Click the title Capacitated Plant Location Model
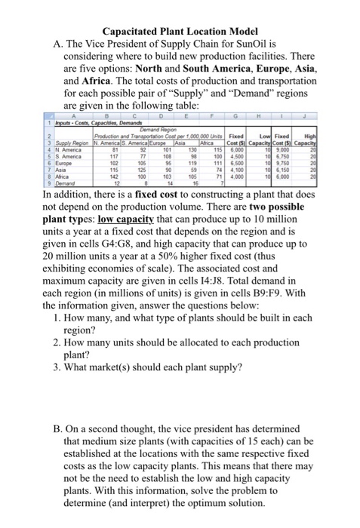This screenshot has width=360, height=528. (180, 11)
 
